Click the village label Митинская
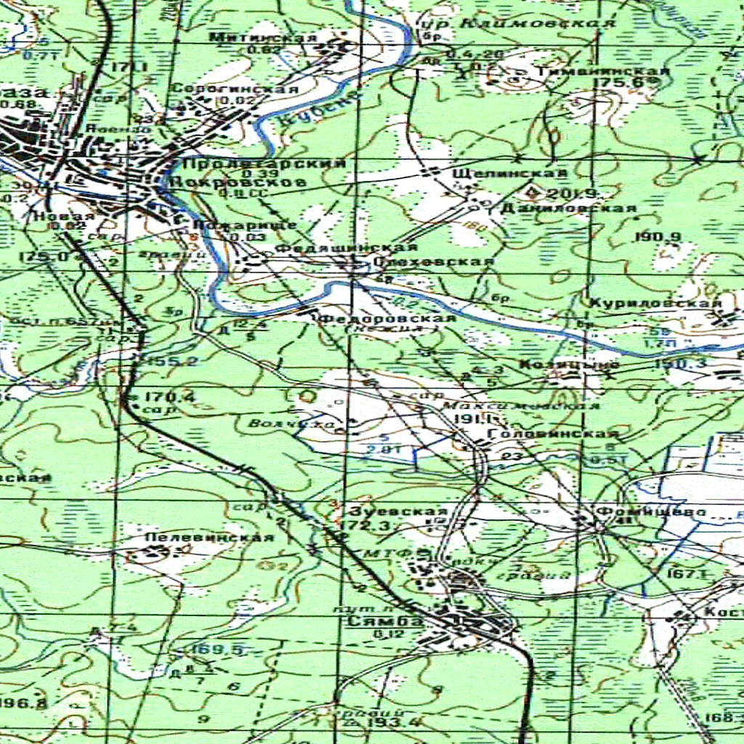click(x=263, y=37)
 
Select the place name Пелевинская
click(x=209, y=537)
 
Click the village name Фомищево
click(x=650, y=511)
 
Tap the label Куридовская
click(x=655, y=303)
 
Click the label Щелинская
click(x=509, y=173)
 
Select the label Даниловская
click(x=568, y=209)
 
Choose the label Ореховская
click(x=433, y=261)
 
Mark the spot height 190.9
click(x=657, y=237)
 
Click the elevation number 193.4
click(x=382, y=722)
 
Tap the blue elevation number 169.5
click(x=217, y=649)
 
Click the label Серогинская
click(x=234, y=89)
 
